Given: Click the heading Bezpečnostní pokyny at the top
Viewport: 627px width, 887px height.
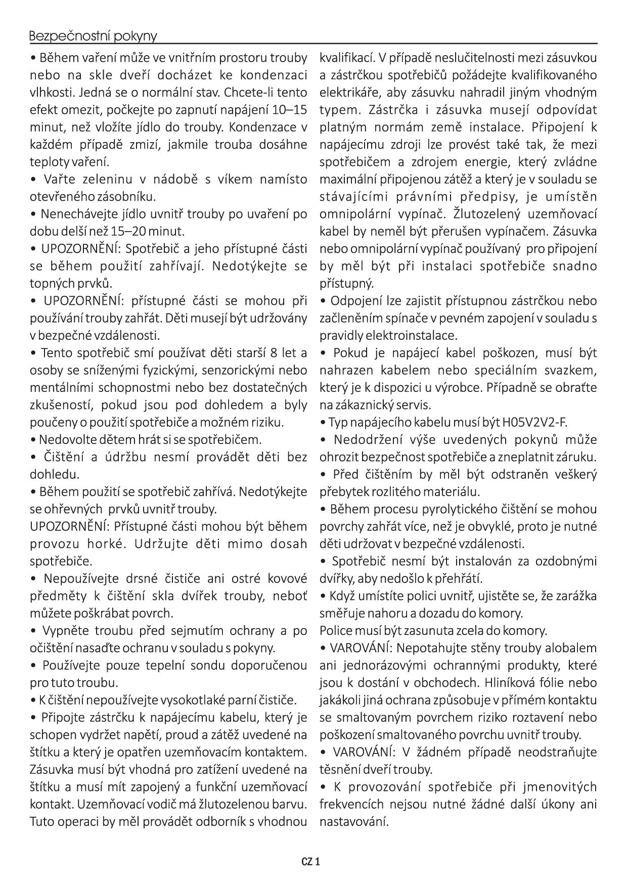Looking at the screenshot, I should coord(93,36).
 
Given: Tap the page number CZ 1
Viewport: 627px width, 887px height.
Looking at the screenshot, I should coord(310,861).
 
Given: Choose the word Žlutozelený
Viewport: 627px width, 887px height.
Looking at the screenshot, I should coord(487,214).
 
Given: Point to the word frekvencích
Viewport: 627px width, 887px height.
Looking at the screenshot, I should coord(355,804).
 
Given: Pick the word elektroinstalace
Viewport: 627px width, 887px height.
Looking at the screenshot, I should coord(411,335).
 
